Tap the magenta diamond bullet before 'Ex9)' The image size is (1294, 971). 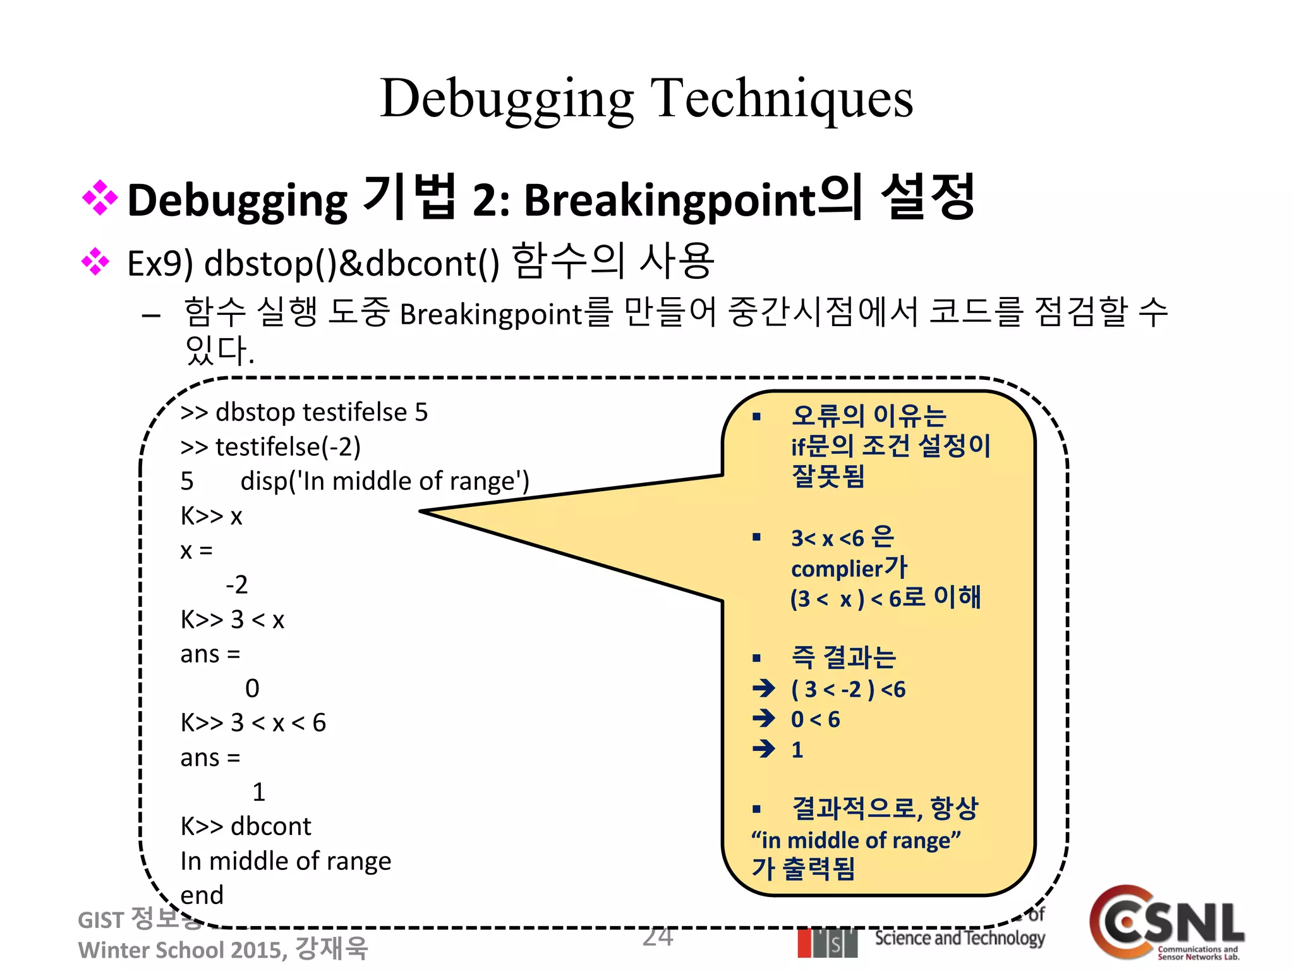pos(96,262)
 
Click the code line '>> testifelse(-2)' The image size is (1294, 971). pos(270,447)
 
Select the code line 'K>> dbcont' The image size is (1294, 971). pos(246,826)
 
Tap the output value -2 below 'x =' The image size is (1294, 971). pos(237,585)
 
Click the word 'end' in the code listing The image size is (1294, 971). pos(202,895)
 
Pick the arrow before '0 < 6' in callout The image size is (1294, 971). pos(764,718)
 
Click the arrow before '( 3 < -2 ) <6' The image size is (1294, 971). pos(764,688)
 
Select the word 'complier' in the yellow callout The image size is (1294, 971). pos(836,569)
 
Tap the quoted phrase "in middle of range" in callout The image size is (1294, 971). pos(856,841)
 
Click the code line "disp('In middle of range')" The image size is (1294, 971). pos(385,482)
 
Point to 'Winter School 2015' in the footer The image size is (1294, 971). pos(182,950)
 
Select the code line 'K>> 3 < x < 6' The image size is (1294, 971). pos(253,723)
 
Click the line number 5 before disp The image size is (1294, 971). pos(187,482)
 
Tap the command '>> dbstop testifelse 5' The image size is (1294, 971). pos(304,412)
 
